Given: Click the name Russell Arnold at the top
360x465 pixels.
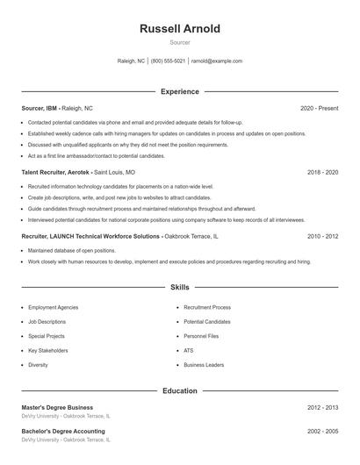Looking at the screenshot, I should (x=180, y=29).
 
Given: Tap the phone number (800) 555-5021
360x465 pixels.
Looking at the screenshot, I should (x=168, y=61).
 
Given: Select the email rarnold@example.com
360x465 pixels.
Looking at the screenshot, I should (x=216, y=61).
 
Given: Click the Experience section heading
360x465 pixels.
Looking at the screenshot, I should (x=180, y=91).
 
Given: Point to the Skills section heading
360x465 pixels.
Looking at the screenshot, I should (x=180, y=287).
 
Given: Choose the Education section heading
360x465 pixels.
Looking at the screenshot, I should (x=180, y=390).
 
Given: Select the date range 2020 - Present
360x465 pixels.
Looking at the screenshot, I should (x=319, y=108).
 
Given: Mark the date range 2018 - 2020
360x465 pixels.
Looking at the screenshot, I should (x=323, y=173).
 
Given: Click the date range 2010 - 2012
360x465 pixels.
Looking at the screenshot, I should (x=323, y=237).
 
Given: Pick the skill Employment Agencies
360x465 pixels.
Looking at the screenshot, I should (x=53, y=308).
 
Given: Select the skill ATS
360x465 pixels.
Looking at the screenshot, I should (x=188, y=350).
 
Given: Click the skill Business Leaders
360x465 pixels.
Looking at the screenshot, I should (x=204, y=364).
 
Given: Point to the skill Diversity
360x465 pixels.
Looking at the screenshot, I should (x=38, y=364).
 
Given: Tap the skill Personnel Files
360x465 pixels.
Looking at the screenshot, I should (x=201, y=336).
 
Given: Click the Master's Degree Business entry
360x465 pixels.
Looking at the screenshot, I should (x=57, y=407).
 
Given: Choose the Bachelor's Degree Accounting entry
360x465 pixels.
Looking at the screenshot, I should (x=63, y=433).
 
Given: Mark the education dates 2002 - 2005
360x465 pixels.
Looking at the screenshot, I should (x=323, y=433).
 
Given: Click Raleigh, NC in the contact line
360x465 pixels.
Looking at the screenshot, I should (x=130, y=61).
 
